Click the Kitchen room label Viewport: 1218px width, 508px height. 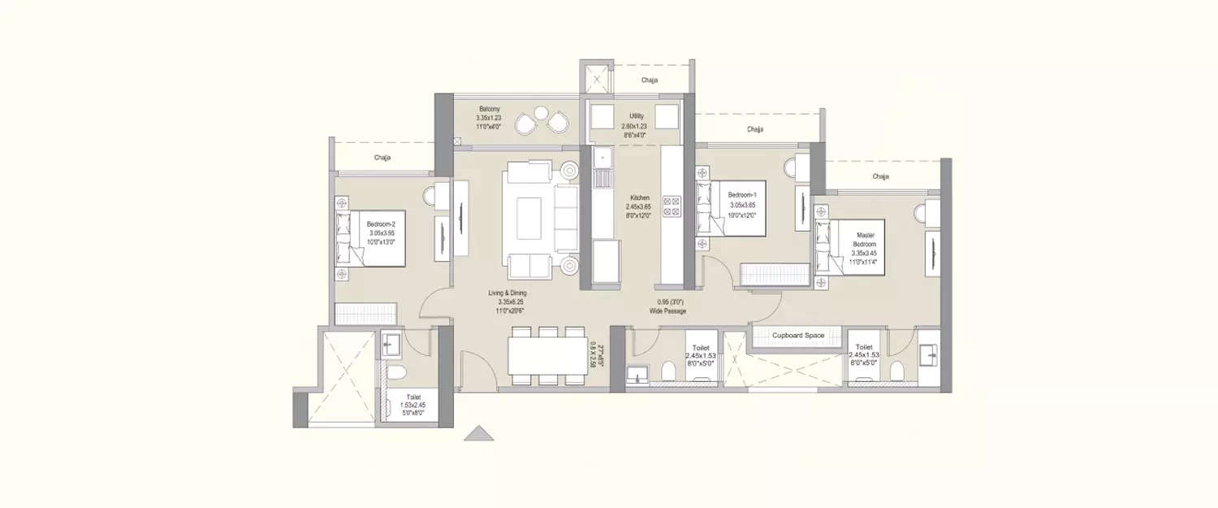(x=640, y=198)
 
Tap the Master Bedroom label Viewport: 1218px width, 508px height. (x=864, y=236)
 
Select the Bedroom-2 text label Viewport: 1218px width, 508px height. (x=380, y=224)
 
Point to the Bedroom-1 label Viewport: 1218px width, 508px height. (x=741, y=195)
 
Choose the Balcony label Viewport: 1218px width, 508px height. (x=488, y=109)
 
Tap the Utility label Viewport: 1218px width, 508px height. (x=637, y=116)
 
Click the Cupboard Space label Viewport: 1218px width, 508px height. (x=797, y=335)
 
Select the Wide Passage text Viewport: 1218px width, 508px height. (x=667, y=311)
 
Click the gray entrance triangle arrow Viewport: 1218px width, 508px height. (x=479, y=434)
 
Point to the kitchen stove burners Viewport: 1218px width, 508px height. (x=672, y=206)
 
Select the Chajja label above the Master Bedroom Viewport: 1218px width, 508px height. (x=880, y=176)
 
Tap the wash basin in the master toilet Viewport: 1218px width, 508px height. (x=928, y=355)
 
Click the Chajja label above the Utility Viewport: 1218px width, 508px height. (x=649, y=80)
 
